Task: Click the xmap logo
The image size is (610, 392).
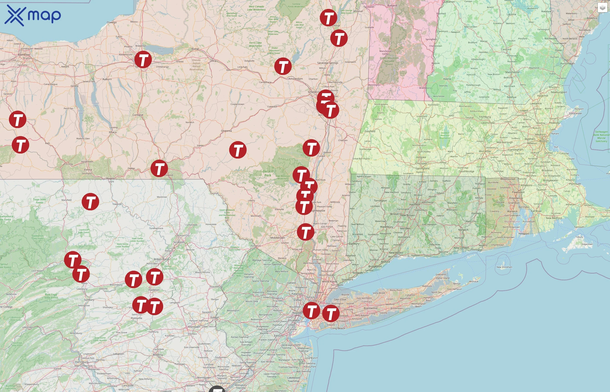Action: click(33, 15)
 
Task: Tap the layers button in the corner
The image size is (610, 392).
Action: click(602, 8)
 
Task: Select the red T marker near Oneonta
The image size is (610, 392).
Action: click(238, 150)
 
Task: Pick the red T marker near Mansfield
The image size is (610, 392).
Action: click(90, 202)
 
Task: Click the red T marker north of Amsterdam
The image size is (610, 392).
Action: click(283, 66)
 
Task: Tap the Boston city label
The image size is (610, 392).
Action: click(544, 141)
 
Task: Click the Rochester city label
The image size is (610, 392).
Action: click(24, 55)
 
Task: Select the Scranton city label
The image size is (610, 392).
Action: click(179, 242)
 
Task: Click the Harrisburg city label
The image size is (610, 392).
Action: click(82, 362)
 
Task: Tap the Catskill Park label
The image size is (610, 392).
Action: click(268, 173)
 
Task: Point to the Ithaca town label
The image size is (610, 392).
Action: click(113, 132)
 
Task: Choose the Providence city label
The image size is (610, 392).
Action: click(516, 198)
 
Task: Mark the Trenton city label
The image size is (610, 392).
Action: click(250, 367)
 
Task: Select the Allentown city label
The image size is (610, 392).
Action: click(194, 327)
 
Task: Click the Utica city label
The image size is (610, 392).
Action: click(213, 61)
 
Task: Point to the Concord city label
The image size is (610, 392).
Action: click(506, 49)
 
